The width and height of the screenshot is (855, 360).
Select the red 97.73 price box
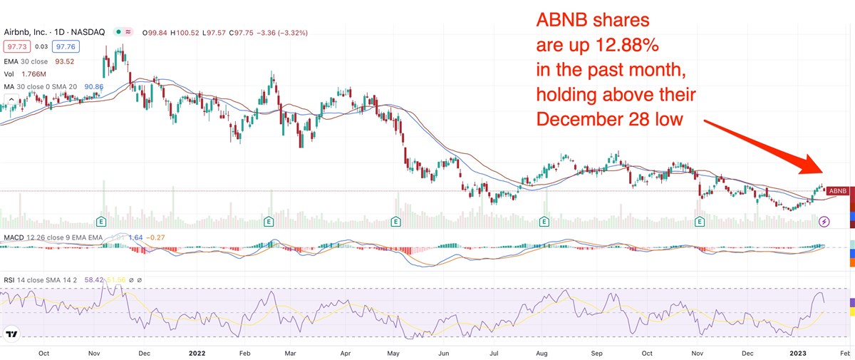pyautogui.click(x=15, y=46)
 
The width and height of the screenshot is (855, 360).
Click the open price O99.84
pyautogui.click(x=157, y=33)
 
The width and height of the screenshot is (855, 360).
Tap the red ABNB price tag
pyautogui.click(x=839, y=191)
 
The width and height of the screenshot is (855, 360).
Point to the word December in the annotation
pyautogui.click(x=580, y=119)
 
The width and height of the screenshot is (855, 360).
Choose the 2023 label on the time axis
pyautogui.click(x=797, y=352)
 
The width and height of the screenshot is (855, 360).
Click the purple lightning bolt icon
pyautogui.click(x=824, y=222)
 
